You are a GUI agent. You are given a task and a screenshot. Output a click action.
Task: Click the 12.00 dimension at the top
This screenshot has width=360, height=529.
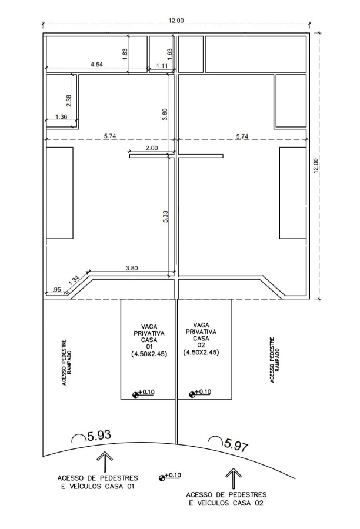point(176,21)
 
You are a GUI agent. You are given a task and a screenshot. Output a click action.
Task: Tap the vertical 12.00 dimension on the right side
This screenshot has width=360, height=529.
point(316,166)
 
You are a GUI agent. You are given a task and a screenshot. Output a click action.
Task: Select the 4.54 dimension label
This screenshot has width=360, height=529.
point(97,65)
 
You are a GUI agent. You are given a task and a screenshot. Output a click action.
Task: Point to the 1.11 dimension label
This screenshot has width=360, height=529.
point(162,66)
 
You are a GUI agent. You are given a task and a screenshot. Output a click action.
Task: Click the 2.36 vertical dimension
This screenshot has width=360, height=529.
point(69,101)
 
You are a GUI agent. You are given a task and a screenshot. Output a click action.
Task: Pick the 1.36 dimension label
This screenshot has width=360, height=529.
point(61,117)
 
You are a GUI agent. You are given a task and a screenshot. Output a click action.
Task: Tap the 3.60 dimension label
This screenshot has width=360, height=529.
point(165,115)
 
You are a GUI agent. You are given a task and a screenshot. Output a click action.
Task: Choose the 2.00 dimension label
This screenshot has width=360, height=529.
point(152,148)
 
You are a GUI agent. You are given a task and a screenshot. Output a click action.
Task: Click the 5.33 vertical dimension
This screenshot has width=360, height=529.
point(165,216)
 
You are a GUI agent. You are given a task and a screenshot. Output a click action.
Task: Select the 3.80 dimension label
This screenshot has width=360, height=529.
point(132,268)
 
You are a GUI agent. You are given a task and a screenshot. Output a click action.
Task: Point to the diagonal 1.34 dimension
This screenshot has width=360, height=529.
point(74,280)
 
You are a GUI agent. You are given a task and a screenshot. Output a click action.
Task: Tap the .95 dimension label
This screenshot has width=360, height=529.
point(56,289)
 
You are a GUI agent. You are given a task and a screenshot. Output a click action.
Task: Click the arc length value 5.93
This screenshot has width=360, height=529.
point(99,436)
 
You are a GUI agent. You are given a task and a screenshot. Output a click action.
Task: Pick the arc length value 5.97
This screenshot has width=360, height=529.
point(236,445)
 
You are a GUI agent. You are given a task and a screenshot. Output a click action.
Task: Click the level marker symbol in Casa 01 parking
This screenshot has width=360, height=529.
point(135,394)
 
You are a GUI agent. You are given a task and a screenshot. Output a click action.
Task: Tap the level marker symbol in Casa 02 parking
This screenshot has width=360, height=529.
point(192,394)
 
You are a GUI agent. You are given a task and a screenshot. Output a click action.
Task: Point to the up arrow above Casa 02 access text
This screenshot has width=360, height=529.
point(234,478)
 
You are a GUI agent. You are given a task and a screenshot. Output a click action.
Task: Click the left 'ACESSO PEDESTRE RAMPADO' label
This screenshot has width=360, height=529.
point(66,362)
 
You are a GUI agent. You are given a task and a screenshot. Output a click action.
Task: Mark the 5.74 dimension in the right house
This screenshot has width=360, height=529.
point(242,136)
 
